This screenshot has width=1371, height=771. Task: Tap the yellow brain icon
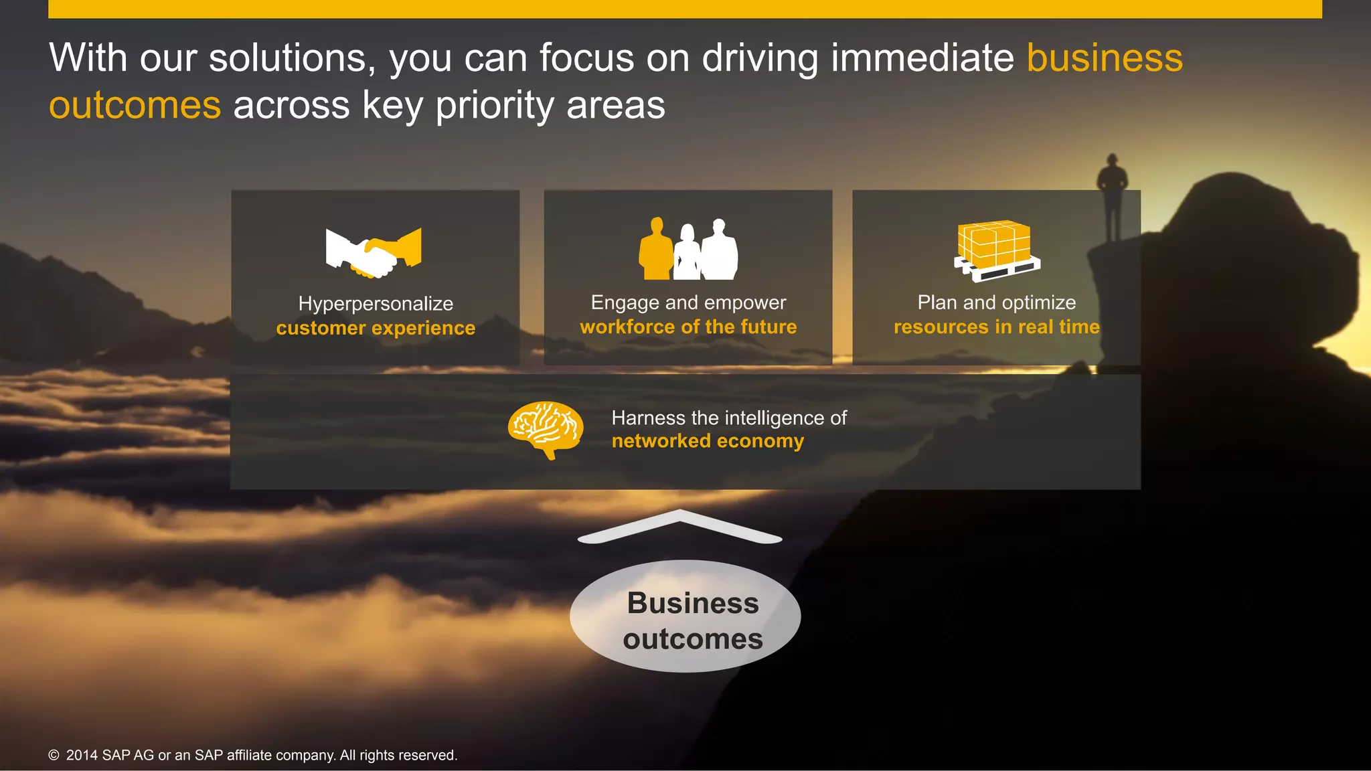pos(546,429)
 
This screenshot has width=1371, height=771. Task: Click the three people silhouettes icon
pos(688,249)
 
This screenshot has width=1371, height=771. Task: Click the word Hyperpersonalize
pos(376,304)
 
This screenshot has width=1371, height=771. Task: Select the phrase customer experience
pos(376,328)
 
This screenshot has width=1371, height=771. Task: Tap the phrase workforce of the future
pos(688,327)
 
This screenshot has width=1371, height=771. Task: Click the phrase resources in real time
pos(996,327)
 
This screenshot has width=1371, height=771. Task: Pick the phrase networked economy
pos(708,441)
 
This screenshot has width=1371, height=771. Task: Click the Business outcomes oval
pos(685,616)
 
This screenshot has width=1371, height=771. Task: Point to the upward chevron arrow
pos(680,526)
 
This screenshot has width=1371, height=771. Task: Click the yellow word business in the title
pos(1105,58)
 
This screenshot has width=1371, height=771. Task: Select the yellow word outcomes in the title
pos(135,106)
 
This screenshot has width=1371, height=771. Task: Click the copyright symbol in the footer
pos(54,756)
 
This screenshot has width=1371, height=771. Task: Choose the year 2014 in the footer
pos(82,756)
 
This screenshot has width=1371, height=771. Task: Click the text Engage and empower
pos(688,303)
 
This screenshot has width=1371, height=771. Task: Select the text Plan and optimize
pos(996,303)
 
